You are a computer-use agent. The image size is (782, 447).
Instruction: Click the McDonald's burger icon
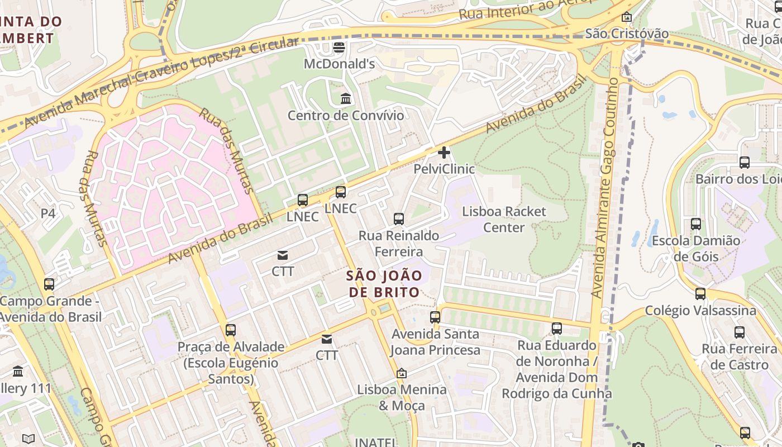(339, 47)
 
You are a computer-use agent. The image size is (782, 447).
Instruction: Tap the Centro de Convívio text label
(345, 116)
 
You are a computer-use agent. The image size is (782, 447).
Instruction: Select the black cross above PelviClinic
(444, 152)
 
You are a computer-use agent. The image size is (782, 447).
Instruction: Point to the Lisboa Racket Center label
(504, 220)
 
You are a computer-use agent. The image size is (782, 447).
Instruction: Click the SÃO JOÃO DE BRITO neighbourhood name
(384, 284)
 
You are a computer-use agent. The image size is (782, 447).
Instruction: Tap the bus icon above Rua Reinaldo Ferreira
(399, 218)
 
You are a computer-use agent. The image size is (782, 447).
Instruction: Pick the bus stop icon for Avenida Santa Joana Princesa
(435, 317)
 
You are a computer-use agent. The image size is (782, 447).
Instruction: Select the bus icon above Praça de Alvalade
(231, 330)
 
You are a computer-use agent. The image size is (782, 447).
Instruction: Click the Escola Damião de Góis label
(695, 249)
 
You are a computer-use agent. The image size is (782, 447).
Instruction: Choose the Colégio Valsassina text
(700, 311)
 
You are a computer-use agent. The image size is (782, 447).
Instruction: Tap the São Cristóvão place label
(627, 34)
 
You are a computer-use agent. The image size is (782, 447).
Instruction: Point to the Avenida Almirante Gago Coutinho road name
(605, 187)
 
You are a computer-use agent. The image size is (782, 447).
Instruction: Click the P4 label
(48, 213)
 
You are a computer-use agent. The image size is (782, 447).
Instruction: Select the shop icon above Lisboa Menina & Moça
(401, 373)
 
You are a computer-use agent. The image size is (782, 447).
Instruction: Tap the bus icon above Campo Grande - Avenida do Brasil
(49, 284)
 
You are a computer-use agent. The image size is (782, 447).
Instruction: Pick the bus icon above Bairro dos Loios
(745, 163)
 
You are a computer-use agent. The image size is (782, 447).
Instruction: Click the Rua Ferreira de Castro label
(739, 357)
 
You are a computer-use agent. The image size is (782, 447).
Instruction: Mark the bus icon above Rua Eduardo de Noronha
(557, 329)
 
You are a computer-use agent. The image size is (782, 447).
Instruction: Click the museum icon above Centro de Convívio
(346, 99)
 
